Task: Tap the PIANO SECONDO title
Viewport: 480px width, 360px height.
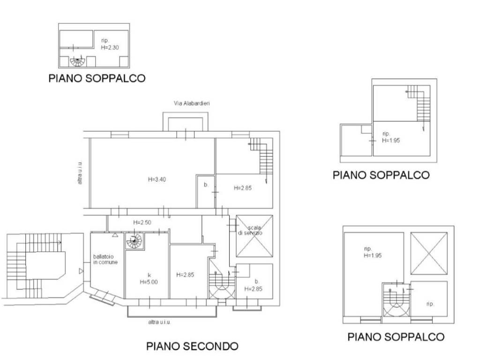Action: pos(192,346)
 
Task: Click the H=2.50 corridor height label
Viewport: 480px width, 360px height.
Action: pos(142,222)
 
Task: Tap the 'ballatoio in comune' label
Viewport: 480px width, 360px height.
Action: pos(105,259)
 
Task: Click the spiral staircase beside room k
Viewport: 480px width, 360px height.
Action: pos(134,242)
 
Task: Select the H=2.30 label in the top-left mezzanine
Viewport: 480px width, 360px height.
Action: pos(111,47)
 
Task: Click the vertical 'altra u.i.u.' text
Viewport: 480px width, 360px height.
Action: pos(80,172)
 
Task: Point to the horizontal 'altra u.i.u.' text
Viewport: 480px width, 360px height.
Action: pos(159,322)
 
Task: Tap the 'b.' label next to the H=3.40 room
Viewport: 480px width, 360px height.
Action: pos(206,185)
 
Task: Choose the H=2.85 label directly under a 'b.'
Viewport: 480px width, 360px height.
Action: pos(254,289)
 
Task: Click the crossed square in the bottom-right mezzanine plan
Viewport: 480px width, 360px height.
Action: pos(428,253)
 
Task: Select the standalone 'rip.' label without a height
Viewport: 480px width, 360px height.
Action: pos(430,304)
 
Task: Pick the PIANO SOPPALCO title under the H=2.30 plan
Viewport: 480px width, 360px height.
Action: pos(97,78)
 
